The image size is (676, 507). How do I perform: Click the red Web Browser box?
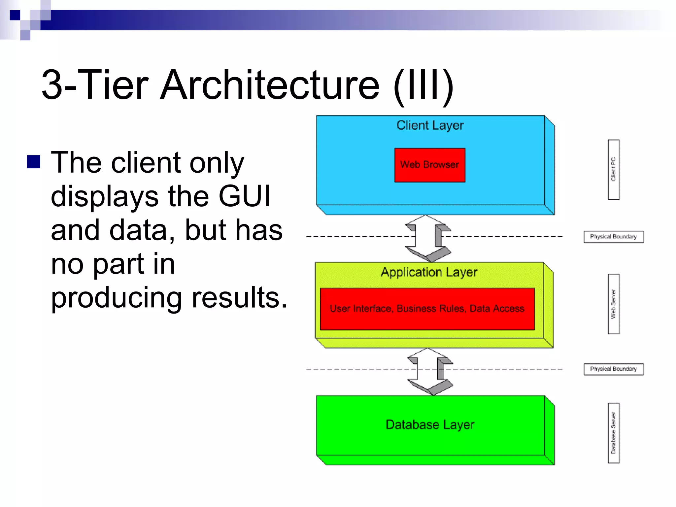pyautogui.click(x=429, y=165)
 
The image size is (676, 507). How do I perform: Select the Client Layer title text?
pyautogui.click(x=430, y=125)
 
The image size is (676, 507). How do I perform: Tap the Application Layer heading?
pyautogui.click(x=429, y=272)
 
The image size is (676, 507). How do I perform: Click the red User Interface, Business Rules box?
pyautogui.click(x=427, y=309)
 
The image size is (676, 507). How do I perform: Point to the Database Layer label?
pyautogui.click(x=430, y=424)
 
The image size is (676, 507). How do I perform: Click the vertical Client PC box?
pyautogui.click(x=613, y=169)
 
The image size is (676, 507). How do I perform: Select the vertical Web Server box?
pyautogui.click(x=613, y=304)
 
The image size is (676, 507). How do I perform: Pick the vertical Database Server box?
pyautogui.click(x=613, y=433)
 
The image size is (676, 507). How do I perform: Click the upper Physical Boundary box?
pyautogui.click(x=613, y=237)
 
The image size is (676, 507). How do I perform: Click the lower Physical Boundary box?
pyautogui.click(x=613, y=369)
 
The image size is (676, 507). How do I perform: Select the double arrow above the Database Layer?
pyautogui.click(x=430, y=371)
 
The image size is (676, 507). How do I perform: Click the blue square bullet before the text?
pyautogui.click(x=34, y=162)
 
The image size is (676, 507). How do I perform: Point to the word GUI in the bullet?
pyautogui.click(x=244, y=196)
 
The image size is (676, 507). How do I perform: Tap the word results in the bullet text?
pyautogui.click(x=239, y=297)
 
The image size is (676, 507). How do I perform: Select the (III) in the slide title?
pyautogui.click(x=423, y=85)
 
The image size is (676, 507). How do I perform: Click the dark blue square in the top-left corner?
pyautogui.click(x=15, y=15)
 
